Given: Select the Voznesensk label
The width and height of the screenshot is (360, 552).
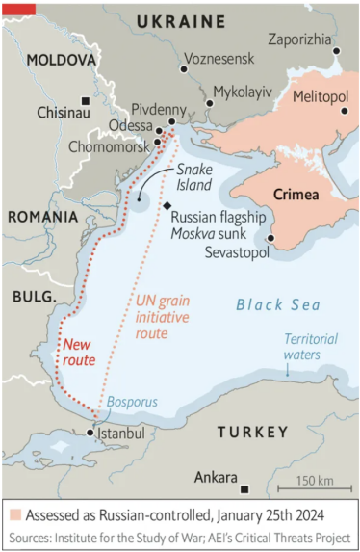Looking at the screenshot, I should tap(219, 58).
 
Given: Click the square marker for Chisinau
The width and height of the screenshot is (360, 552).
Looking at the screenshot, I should tap(86, 101).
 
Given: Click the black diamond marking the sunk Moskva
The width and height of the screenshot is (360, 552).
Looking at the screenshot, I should tap(167, 207).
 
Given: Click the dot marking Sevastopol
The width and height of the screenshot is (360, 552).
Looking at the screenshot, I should tap(271, 237).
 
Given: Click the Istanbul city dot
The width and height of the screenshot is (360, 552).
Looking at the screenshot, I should tap(91, 433).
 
